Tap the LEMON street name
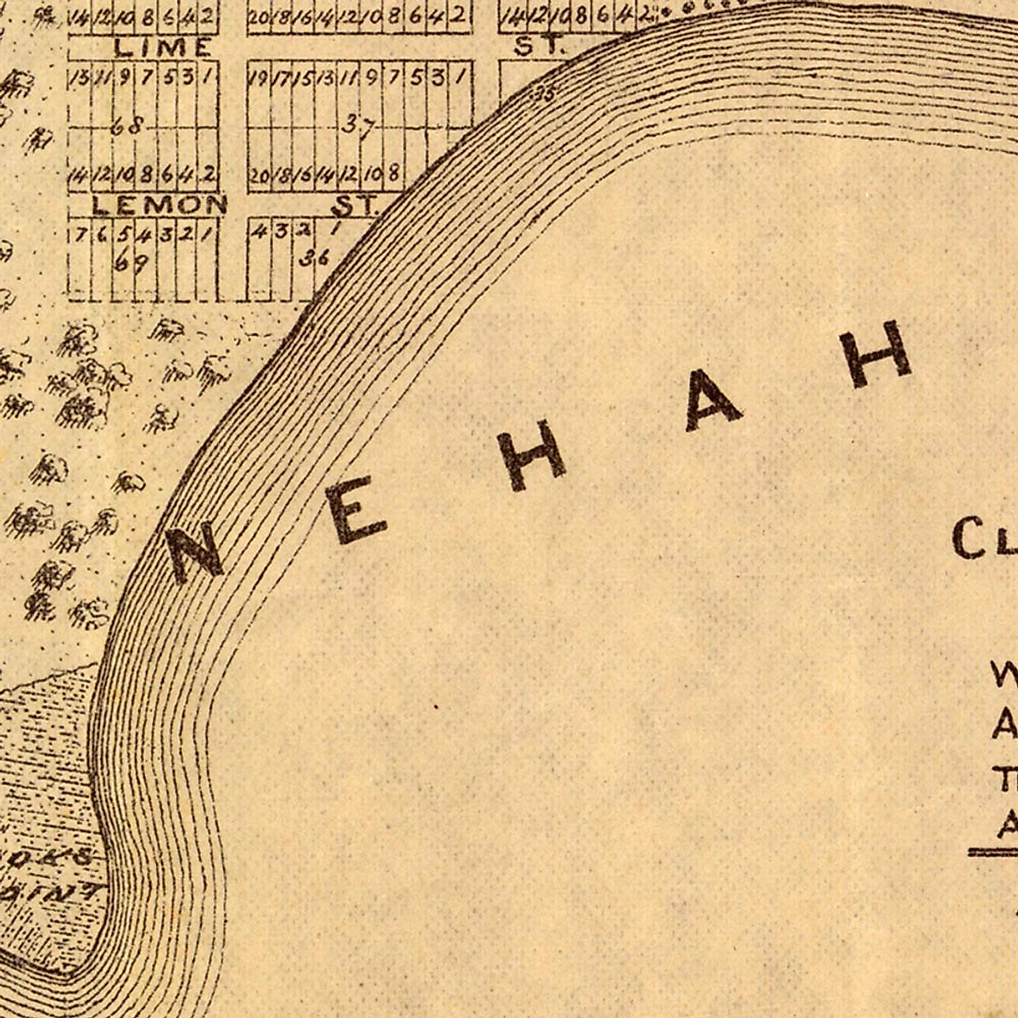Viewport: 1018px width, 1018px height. pyautogui.click(x=159, y=204)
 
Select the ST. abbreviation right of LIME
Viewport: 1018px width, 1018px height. pyautogui.click(x=539, y=46)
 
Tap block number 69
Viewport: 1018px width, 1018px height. pyautogui.click(x=131, y=262)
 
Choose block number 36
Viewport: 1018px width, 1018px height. pyautogui.click(x=314, y=259)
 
